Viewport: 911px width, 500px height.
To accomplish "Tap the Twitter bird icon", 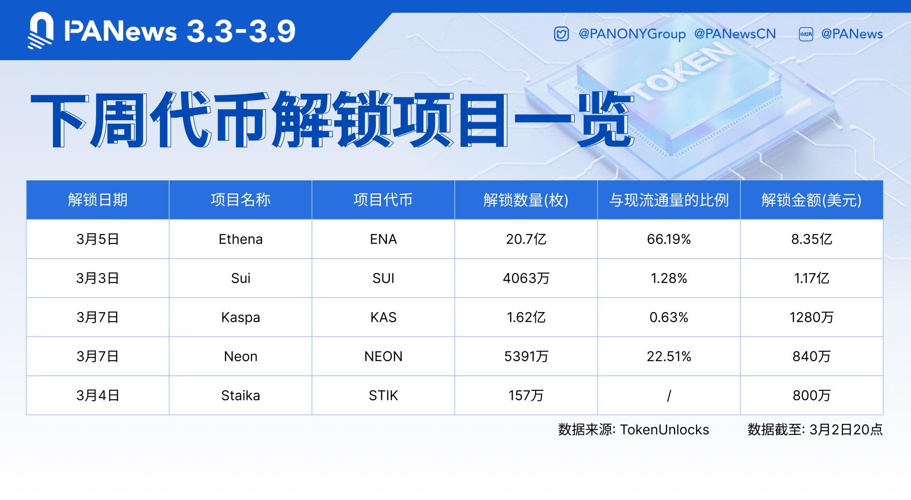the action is pyautogui.click(x=561, y=34).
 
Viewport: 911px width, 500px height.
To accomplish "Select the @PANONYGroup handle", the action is pyautogui.click(x=632, y=34).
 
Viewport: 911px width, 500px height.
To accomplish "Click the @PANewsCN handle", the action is pyautogui.click(x=735, y=34).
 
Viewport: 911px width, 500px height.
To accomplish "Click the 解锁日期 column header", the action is pyautogui.click(x=98, y=200).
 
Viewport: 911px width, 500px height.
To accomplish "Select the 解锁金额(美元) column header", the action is pyautogui.click(x=811, y=200).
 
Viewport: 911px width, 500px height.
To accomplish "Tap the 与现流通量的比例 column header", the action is pyautogui.click(x=668, y=200).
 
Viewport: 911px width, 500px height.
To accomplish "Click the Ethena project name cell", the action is pyautogui.click(x=241, y=239).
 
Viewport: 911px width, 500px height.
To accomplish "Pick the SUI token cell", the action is pyautogui.click(x=383, y=278).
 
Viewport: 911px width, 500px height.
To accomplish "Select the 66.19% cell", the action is pyautogui.click(x=668, y=239).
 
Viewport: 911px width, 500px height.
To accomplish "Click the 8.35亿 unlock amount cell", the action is pyautogui.click(x=811, y=239).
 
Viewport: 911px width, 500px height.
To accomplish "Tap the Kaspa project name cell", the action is pyautogui.click(x=241, y=318).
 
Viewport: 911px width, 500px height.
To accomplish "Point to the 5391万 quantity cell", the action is pyautogui.click(x=526, y=356).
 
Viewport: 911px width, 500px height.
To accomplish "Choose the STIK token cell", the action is pyautogui.click(x=383, y=395).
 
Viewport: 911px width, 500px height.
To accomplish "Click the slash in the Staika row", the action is pyautogui.click(x=668, y=396).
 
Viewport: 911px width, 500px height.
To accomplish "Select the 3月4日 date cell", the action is pyautogui.click(x=98, y=395).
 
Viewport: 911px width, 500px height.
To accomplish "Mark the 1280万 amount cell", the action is pyautogui.click(x=811, y=317).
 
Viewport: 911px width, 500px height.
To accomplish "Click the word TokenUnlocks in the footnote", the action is pyautogui.click(x=664, y=430).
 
